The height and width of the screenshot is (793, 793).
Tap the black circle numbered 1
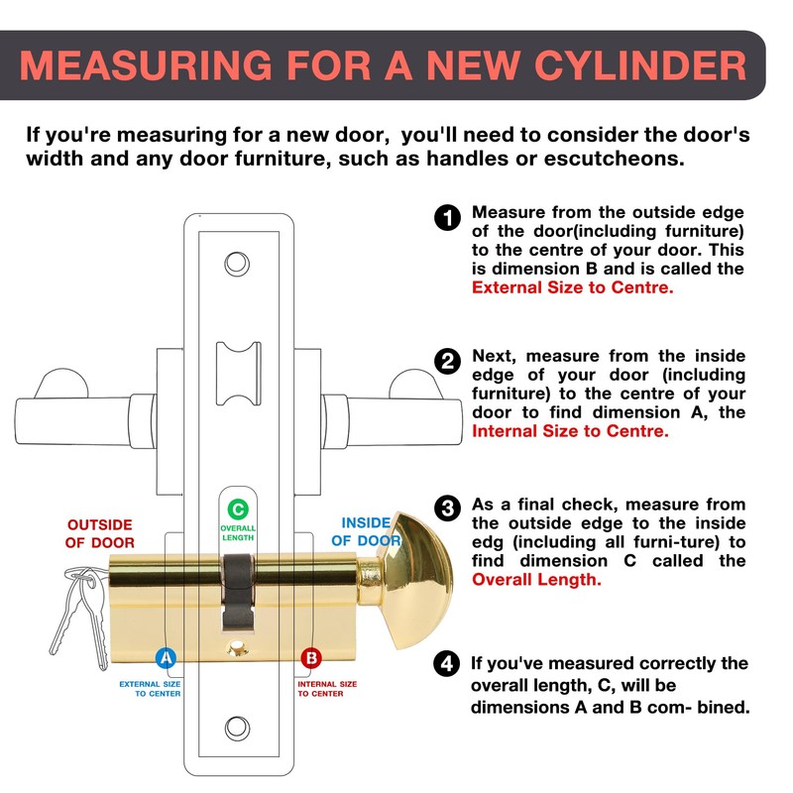click(x=448, y=217)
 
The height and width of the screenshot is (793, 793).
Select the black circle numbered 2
click(x=448, y=361)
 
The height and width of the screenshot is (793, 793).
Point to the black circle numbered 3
click(x=448, y=509)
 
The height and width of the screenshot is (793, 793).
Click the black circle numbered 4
click(x=448, y=663)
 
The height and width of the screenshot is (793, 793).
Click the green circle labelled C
click(x=237, y=510)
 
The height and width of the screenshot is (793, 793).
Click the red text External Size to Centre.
click(x=572, y=288)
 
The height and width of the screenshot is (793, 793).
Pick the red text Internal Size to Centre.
click(x=570, y=431)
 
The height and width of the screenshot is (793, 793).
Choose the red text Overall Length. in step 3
click(x=536, y=580)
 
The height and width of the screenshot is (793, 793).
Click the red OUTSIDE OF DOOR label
click(x=99, y=533)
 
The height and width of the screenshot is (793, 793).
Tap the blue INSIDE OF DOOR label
click(x=367, y=531)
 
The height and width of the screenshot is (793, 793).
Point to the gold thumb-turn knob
click(x=416, y=579)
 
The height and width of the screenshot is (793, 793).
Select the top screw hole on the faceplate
click(x=237, y=264)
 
